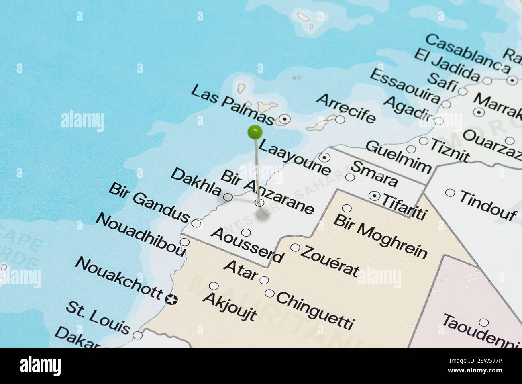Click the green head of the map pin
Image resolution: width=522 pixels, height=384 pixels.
click(255, 131)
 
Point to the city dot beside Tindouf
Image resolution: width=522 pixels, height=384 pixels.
click(450, 193)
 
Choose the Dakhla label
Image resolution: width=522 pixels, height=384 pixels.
click(196, 182)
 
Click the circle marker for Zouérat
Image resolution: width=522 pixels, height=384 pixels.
click(295, 247)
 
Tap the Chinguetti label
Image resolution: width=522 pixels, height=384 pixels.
click(315, 310)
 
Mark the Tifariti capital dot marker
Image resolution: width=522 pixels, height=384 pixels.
click(375, 196)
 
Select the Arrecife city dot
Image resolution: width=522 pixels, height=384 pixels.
click(340, 119)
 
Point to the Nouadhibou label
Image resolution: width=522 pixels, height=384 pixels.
click(140, 235)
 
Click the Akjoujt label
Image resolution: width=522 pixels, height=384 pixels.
click(229, 306)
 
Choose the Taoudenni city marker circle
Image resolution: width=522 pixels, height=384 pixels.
click(484, 323)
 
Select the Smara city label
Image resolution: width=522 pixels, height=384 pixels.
click(374, 174)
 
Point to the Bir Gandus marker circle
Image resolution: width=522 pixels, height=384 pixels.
click(196, 223)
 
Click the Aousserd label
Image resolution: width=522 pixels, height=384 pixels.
click(247, 245)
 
